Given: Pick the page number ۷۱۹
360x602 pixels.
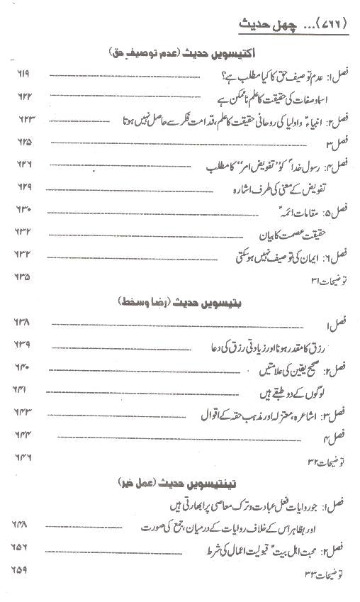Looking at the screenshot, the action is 23,75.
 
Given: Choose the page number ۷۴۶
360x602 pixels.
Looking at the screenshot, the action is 23,457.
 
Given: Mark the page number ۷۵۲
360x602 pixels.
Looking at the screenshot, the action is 23,547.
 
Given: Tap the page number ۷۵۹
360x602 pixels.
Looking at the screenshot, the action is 23,570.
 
